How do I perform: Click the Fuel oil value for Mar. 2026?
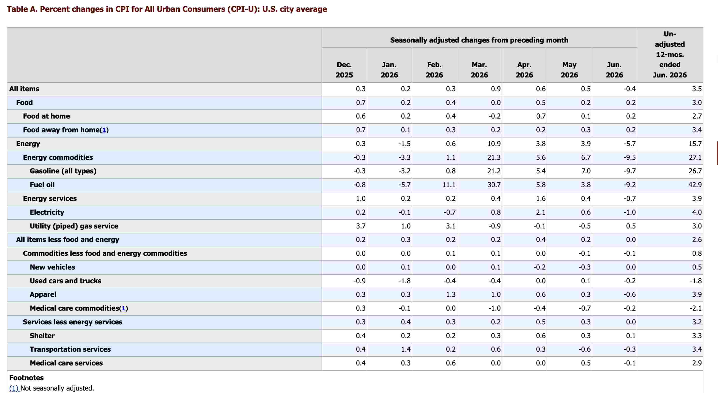coord(494,185)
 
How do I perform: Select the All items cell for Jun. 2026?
coord(630,89)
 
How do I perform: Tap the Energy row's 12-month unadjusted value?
coord(695,144)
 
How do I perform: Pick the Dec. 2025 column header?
coord(344,70)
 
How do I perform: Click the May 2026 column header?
coord(569,70)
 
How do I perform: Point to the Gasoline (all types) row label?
coord(63,171)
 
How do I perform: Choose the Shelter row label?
coord(42,336)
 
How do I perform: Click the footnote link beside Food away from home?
coord(104,130)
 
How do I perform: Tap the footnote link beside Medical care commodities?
coord(124,308)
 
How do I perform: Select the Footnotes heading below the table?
coord(27,378)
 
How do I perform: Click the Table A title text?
coord(167,9)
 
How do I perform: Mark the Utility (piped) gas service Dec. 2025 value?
coord(361,226)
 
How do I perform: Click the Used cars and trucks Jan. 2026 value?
coord(405,281)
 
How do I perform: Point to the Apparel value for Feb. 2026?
coord(451,294)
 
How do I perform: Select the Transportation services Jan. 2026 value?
coord(406,349)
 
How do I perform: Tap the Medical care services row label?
coord(66,363)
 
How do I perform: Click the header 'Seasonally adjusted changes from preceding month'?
coord(479,40)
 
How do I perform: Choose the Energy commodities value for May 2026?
coord(586,157)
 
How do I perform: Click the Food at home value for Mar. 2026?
coord(495,116)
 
